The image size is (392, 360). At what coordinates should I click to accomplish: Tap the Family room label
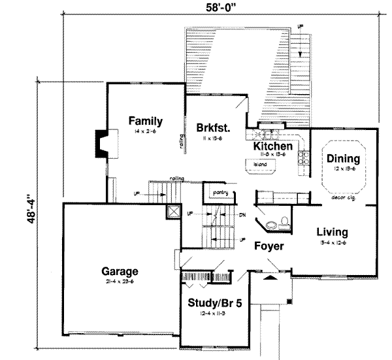[145, 121]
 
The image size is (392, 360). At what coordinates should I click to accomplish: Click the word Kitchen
[272, 146]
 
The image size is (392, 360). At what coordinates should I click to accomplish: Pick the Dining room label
[344, 158]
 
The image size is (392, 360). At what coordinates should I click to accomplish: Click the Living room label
[332, 232]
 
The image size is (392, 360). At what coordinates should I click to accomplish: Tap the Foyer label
[269, 246]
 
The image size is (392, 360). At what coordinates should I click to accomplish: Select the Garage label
[119, 270]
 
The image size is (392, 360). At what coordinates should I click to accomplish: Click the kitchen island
[261, 168]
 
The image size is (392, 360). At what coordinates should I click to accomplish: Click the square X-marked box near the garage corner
[172, 212]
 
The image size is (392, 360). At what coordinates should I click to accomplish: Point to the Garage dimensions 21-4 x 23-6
[119, 282]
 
